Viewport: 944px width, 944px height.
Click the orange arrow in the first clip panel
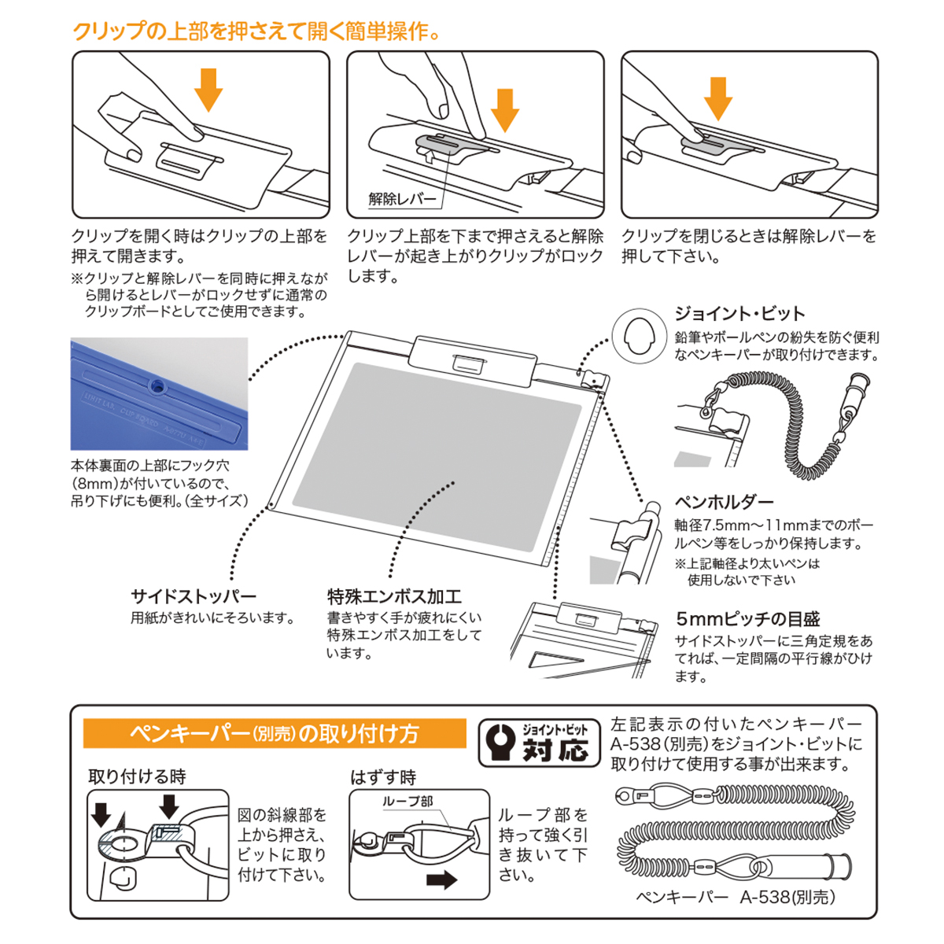(208, 89)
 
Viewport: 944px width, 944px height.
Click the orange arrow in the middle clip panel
(504, 109)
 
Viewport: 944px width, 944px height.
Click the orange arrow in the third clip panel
(717, 97)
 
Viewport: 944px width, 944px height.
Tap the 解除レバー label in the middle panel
(402, 199)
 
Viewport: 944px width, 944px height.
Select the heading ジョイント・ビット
(739, 314)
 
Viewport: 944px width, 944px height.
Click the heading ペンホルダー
(724, 502)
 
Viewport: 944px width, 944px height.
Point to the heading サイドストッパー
(194, 596)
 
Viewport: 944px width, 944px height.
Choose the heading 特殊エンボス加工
(394, 596)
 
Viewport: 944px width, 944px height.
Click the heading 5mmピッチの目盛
(747, 618)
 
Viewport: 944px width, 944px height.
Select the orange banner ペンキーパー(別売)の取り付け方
(275, 733)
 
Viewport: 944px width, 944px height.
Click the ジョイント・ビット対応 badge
(539, 742)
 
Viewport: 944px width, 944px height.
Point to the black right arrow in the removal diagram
(441, 879)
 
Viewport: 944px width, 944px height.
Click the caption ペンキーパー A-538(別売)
(735, 897)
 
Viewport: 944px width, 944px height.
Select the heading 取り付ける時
(137, 776)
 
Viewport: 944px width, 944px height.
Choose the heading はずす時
(383, 777)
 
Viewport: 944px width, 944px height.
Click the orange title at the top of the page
(256, 31)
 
